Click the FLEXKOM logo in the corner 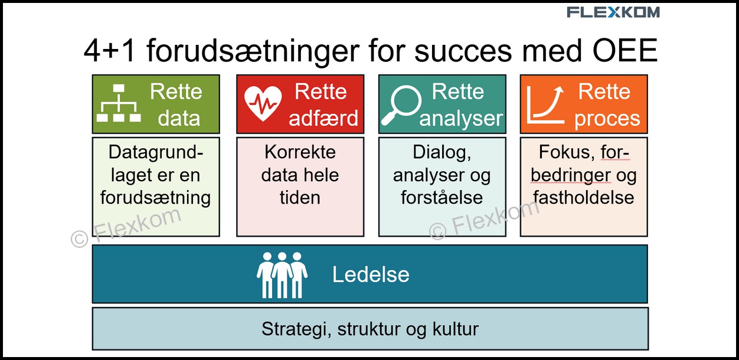click(613, 12)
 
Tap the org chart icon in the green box click(119, 103)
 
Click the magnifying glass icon click(401, 105)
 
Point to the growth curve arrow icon click(545, 104)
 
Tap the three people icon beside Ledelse click(282, 275)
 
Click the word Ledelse click(371, 274)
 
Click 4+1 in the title click(109, 51)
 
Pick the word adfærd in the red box click(323, 118)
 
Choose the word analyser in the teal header click(461, 119)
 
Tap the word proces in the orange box click(607, 119)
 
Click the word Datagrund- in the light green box click(156, 152)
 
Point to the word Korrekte click(300, 152)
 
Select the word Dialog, click(442, 153)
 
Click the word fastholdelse click(583, 198)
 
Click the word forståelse click(442, 198)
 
